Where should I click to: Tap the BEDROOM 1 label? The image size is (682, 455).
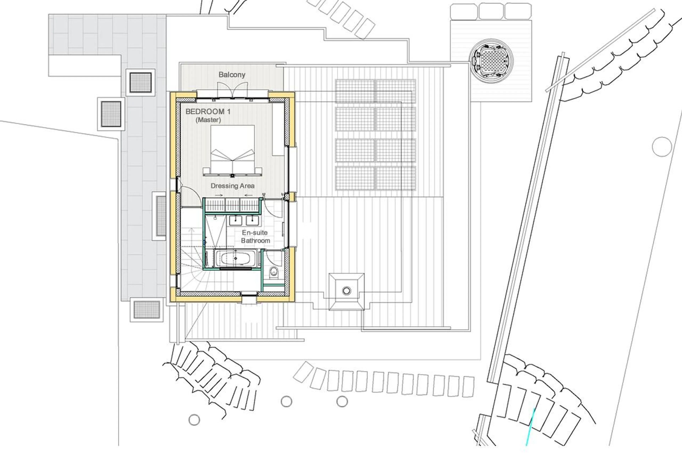pyautogui.click(x=208, y=111)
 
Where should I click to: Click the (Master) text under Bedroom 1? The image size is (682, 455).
pyautogui.click(x=208, y=120)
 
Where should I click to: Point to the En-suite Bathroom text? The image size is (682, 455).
pyautogui.click(x=255, y=236)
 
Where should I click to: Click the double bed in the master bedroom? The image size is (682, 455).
pyautogui.click(x=232, y=151)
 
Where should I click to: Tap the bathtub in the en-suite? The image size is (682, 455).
pyautogui.click(x=235, y=258)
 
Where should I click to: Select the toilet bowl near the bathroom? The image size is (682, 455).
pyautogui.click(x=273, y=272)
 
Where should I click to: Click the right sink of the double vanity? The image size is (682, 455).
pyautogui.click(x=252, y=220)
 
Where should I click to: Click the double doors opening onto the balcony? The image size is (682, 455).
pyautogui.click(x=233, y=89)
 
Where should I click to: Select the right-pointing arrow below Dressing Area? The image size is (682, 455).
pyautogui.click(x=219, y=195)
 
